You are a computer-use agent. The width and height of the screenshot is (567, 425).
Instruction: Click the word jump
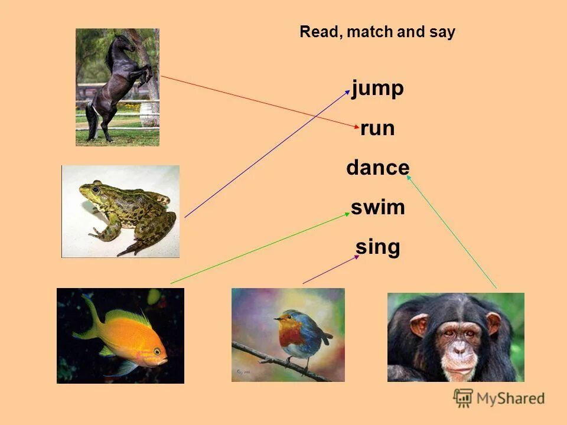pyautogui.click(x=377, y=89)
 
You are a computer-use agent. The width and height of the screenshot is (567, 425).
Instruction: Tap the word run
pyautogui.click(x=377, y=128)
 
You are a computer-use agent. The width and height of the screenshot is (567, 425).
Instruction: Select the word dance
pyautogui.click(x=377, y=168)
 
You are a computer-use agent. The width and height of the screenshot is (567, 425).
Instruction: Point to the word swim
pyautogui.click(x=377, y=207)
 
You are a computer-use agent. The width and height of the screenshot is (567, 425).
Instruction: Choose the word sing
pyautogui.click(x=377, y=247)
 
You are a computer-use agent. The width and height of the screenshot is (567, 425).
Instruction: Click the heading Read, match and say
pyautogui.click(x=377, y=32)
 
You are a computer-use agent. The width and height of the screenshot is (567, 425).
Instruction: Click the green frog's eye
pyautogui.click(x=96, y=190)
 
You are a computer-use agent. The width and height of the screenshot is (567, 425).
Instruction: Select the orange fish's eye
pyautogui.click(x=157, y=352)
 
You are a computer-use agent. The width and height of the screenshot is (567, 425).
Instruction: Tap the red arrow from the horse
pyautogui.click(x=260, y=102)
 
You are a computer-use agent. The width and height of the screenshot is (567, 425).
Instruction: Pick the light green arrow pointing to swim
pyautogui.click(x=260, y=248)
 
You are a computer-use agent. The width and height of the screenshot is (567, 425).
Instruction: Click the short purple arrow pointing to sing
pyautogui.click(x=331, y=270)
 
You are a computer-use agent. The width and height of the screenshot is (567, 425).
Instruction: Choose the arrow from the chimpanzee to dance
pyautogui.click(x=452, y=230)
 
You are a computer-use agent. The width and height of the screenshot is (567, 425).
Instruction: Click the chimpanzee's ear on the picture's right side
pyautogui.click(x=493, y=323)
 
